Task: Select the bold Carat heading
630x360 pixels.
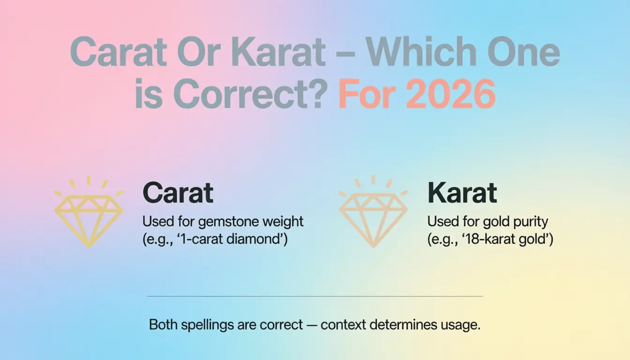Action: pyautogui.click(x=178, y=192)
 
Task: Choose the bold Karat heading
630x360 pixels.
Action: pyautogui.click(x=462, y=192)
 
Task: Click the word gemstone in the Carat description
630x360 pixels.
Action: pyautogui.click(x=225, y=221)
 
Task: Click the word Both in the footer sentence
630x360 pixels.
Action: pyautogui.click(x=163, y=325)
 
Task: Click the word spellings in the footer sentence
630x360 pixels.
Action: pyautogui.click(x=206, y=325)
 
